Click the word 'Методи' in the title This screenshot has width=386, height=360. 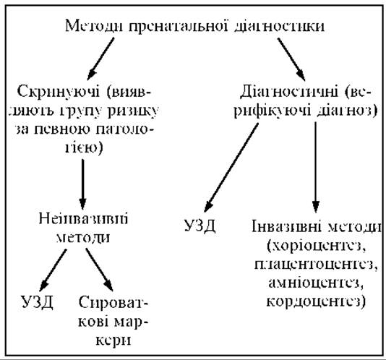(x=94, y=26)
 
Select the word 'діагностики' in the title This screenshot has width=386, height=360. (x=279, y=26)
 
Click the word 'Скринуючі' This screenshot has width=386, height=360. (x=59, y=92)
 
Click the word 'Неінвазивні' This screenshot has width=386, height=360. (x=83, y=218)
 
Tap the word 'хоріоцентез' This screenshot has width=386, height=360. (x=317, y=246)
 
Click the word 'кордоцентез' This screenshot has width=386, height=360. (x=316, y=301)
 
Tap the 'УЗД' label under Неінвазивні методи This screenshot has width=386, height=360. (x=37, y=302)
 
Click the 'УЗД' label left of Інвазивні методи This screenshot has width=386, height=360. (x=200, y=226)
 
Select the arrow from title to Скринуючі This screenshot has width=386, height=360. (x=101, y=59)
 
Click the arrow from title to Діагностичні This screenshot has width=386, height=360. (x=291, y=59)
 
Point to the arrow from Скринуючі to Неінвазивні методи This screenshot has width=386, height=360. (x=82, y=184)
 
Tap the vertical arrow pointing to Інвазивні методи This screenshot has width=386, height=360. (x=316, y=167)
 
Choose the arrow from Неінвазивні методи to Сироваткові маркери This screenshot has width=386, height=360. (x=99, y=270)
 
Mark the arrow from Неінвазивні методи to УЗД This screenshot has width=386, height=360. (x=53, y=270)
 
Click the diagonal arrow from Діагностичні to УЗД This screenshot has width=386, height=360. (x=231, y=168)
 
